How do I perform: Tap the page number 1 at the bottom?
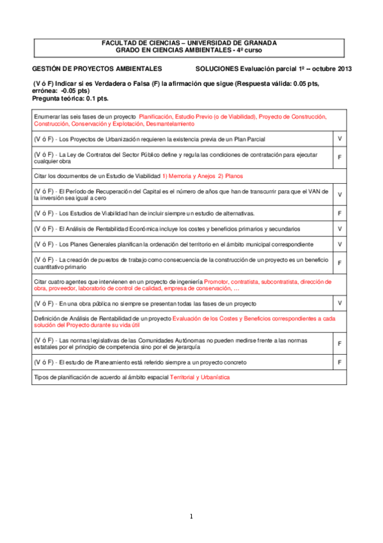191,517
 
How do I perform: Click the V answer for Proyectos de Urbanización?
340,138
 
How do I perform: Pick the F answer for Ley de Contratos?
340,157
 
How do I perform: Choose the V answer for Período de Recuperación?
340,194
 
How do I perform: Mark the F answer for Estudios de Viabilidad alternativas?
340,213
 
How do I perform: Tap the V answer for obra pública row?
340,302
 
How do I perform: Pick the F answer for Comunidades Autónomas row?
340,344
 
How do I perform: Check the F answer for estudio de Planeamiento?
340,362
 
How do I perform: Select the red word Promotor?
218,280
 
